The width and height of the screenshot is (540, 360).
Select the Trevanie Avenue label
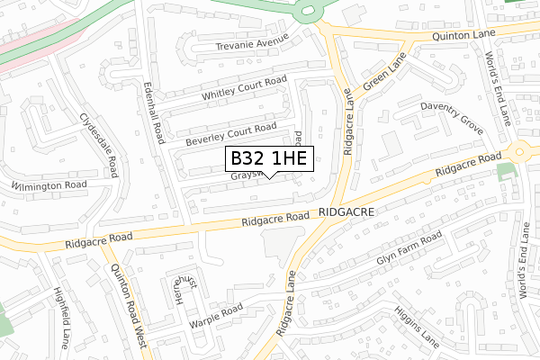[x=250, y=44]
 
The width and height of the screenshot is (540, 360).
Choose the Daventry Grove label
[x=453, y=120]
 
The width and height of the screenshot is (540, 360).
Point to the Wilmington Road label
[x=49, y=185]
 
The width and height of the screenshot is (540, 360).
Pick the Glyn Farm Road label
[x=409, y=249]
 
